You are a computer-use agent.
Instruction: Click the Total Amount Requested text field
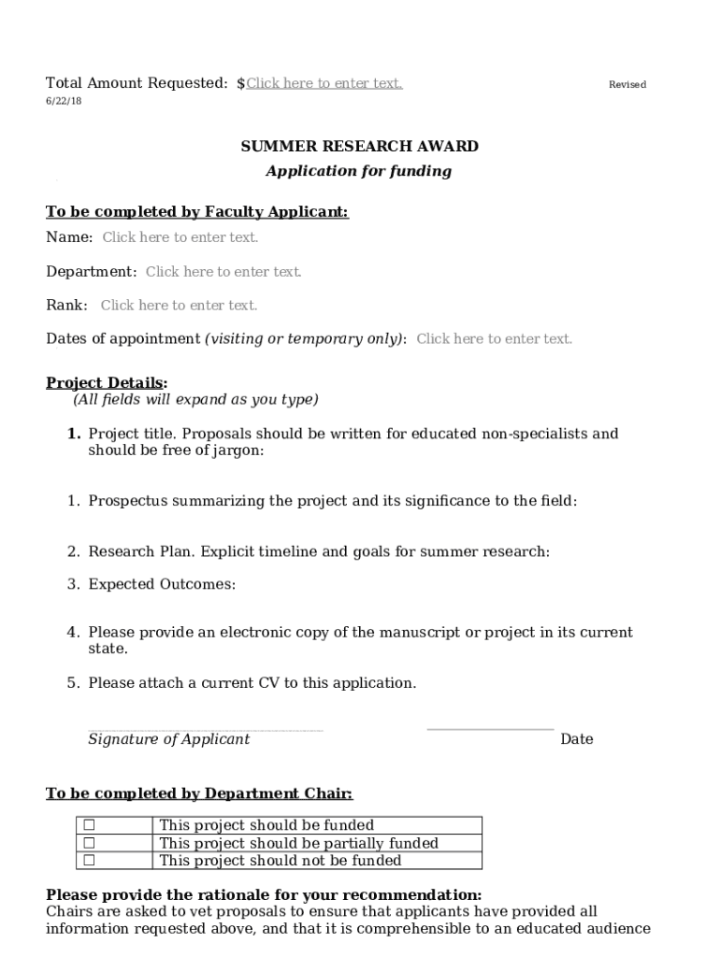[324, 84]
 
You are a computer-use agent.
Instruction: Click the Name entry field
[180, 237]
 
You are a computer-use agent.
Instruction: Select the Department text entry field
[223, 272]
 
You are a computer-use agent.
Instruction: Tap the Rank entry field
[179, 306]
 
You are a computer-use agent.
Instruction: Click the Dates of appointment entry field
[494, 339]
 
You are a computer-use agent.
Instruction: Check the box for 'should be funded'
[90, 825]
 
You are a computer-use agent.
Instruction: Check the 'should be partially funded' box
[90, 843]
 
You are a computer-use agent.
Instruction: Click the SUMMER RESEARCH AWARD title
[360, 147]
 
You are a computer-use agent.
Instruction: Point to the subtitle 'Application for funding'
[359, 171]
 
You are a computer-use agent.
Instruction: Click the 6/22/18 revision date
[64, 101]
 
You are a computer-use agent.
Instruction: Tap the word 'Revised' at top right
[627, 85]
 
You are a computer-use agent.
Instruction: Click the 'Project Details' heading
[106, 383]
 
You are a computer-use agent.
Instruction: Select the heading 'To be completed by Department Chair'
[199, 794]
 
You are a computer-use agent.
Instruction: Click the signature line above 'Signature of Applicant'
[206, 730]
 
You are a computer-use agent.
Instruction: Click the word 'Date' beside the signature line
[576, 739]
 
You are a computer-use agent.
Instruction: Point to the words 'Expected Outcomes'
[162, 585]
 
